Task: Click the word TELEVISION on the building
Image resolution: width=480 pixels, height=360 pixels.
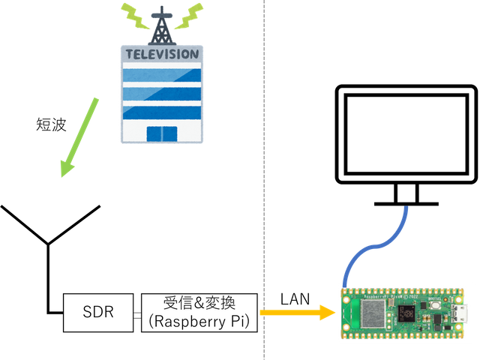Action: click(x=162, y=55)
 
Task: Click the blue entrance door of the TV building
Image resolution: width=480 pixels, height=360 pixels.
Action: click(x=161, y=133)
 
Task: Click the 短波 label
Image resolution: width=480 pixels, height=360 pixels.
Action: click(x=52, y=124)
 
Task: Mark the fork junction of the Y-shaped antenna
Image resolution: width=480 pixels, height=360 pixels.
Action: click(x=48, y=243)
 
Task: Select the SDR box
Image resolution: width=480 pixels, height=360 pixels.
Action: click(x=98, y=312)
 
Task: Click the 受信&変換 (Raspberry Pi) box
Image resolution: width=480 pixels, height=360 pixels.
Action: click(x=199, y=312)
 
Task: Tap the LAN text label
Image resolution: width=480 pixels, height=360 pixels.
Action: click(x=295, y=299)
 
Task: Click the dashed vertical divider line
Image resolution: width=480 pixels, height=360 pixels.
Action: click(x=264, y=180)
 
